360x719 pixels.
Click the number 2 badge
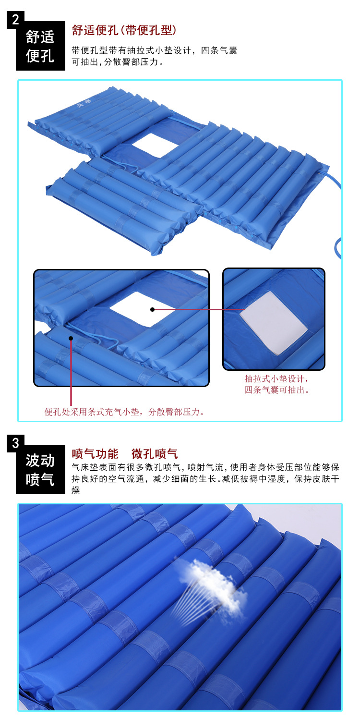tap(15, 20)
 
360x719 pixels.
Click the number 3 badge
tap(15, 443)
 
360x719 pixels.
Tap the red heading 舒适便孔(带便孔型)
tap(124, 30)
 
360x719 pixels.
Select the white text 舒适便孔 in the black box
tap(40, 46)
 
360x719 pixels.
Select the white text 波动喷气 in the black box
tap(40, 470)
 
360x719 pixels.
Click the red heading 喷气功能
tap(95, 453)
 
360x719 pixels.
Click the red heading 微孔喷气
tap(155, 453)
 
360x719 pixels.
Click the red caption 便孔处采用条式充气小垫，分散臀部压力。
tap(124, 412)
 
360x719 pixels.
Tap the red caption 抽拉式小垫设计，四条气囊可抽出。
tap(276, 385)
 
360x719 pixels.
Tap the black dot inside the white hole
tap(153, 309)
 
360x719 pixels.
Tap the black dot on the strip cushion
tap(71, 338)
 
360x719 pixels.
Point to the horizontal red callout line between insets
tap(199, 309)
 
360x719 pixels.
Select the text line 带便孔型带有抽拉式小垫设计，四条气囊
tap(154, 50)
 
